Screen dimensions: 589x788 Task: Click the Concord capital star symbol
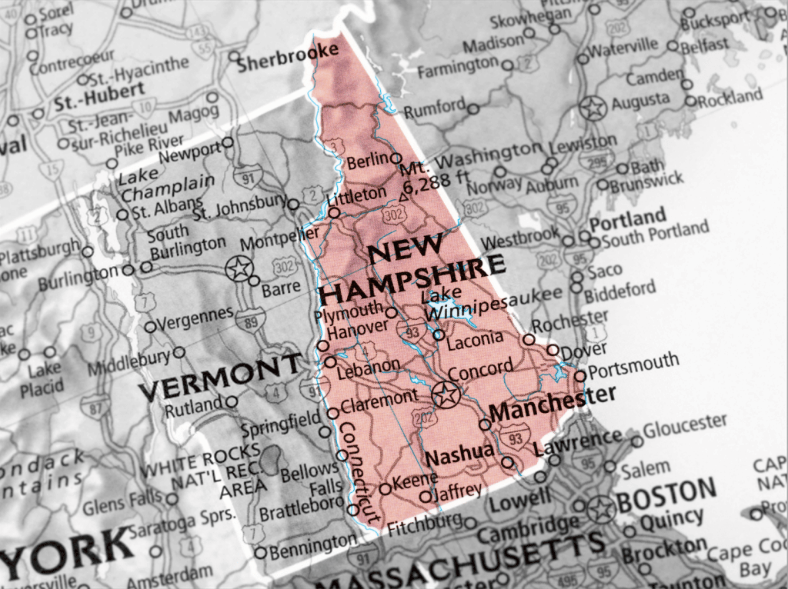pos(444,395)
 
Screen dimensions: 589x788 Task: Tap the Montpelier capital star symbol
pos(239,269)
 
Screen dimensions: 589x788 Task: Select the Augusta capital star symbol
pos(593,108)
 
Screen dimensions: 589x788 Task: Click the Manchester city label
pos(553,404)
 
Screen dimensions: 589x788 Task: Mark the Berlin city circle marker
pos(396,158)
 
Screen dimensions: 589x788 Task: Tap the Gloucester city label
pos(685,426)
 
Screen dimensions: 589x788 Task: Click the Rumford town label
pos(435,108)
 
